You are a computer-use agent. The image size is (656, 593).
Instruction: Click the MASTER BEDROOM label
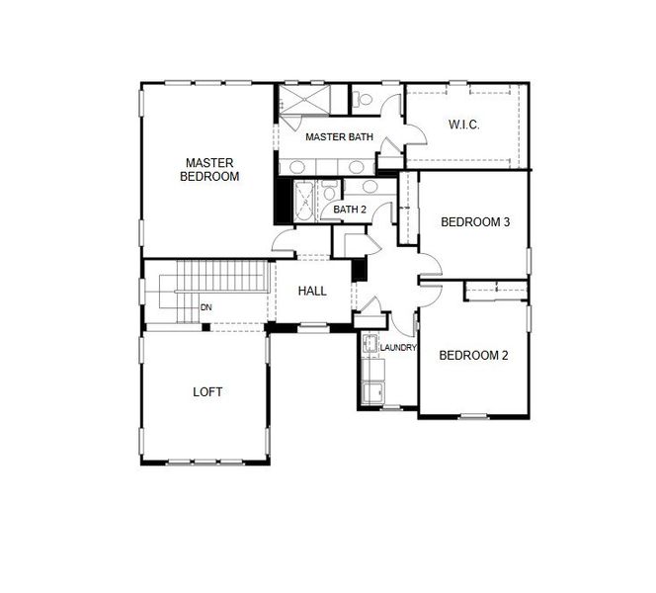coord(209,169)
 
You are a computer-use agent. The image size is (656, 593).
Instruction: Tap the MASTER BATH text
coord(339,136)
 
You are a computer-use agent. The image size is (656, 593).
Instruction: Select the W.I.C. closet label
coord(463,125)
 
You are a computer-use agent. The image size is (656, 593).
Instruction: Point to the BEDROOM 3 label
coord(474,222)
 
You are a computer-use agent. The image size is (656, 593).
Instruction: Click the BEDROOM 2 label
coord(473,356)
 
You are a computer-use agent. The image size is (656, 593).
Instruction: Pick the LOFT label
coord(207,391)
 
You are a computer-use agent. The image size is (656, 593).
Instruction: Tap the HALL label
coord(312,291)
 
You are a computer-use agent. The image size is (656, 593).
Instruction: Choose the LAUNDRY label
coord(398,348)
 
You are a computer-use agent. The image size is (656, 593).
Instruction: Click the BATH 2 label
coord(350,210)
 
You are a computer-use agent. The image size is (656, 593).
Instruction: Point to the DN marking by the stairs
coord(206,307)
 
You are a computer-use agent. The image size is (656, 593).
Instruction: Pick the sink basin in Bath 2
coord(369,187)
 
